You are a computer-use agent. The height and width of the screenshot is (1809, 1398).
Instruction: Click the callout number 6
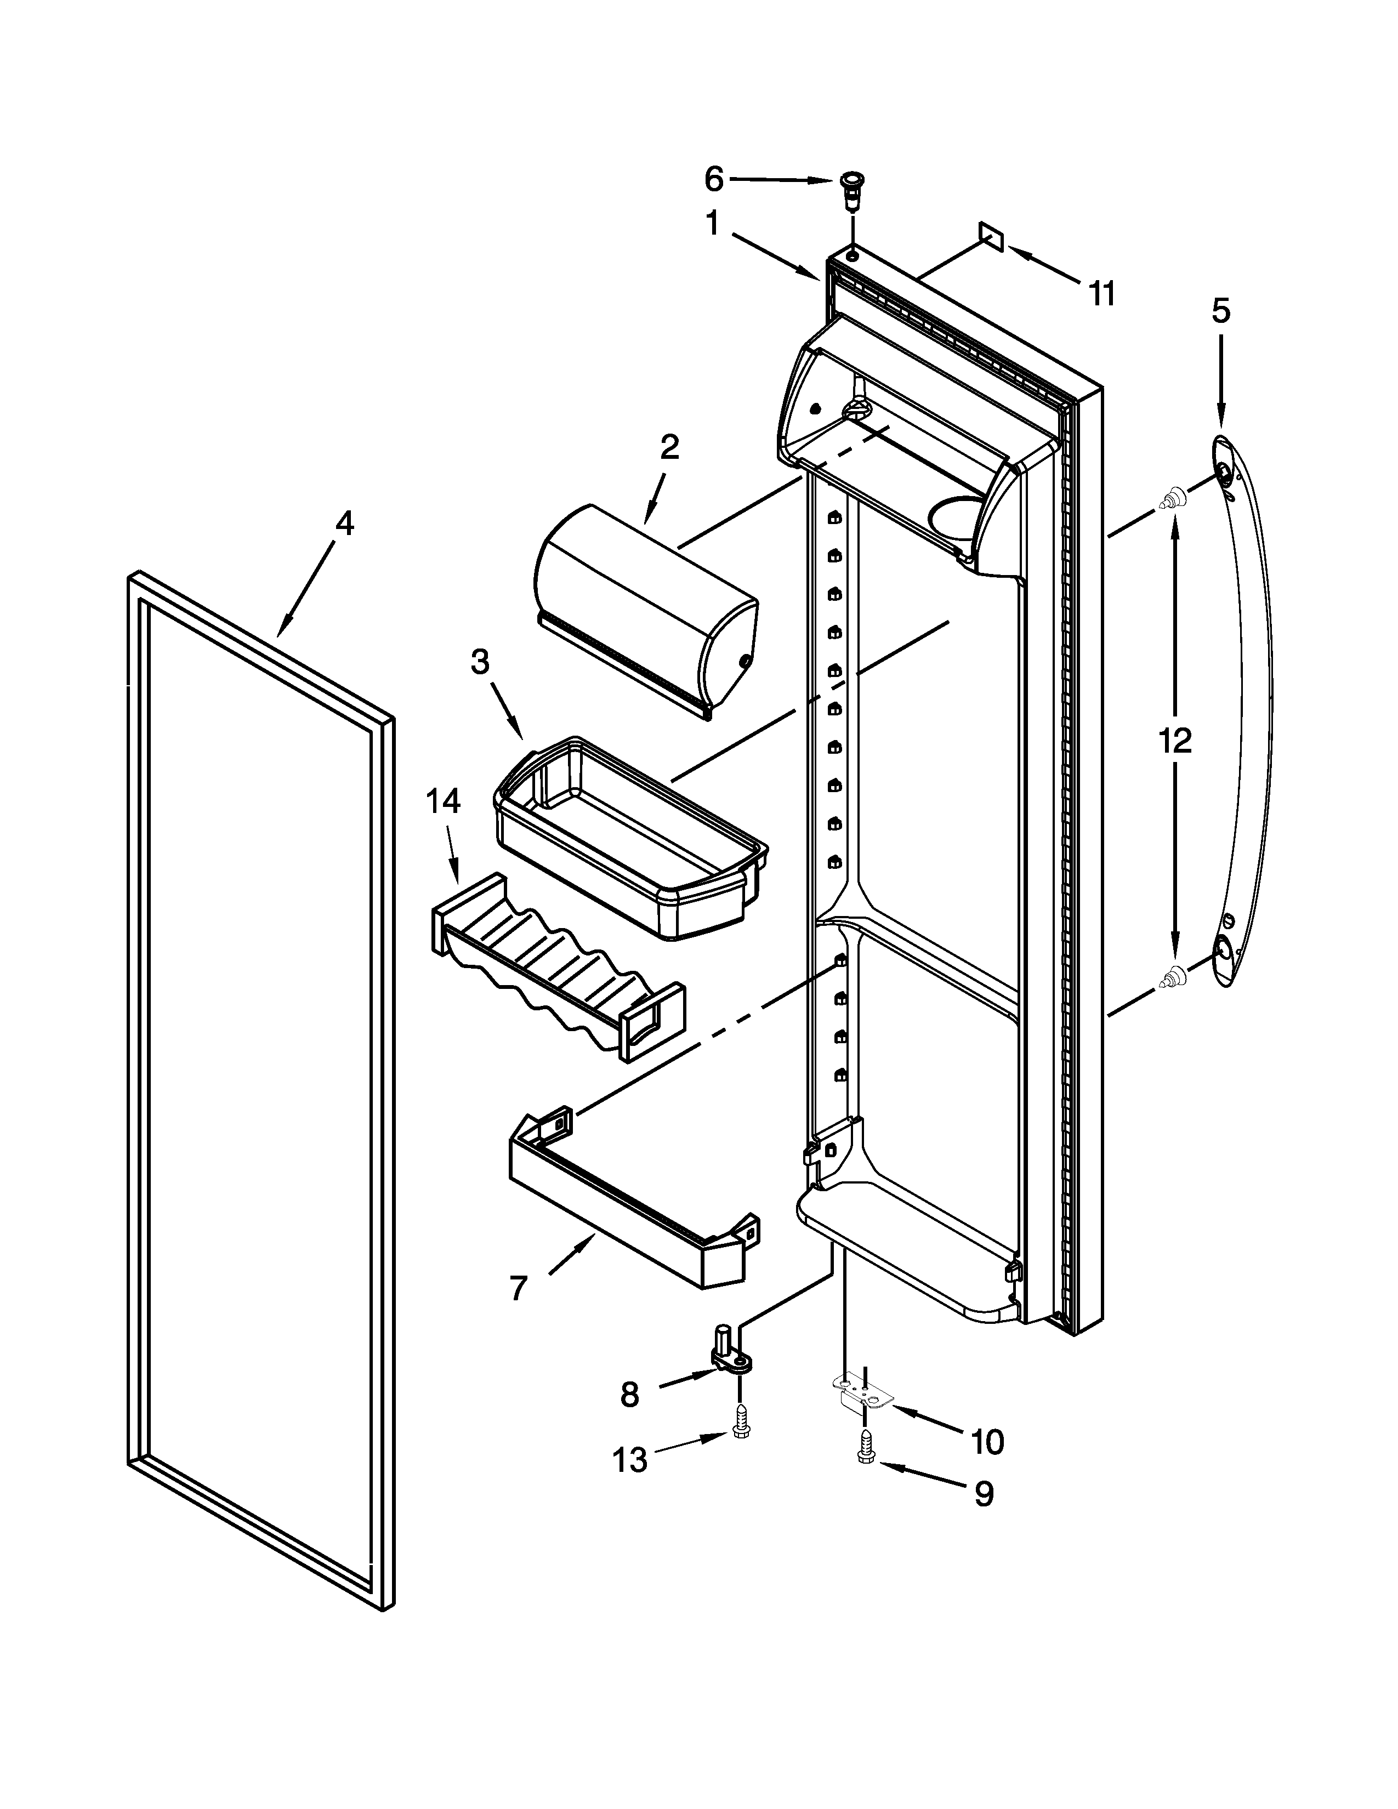[x=714, y=178]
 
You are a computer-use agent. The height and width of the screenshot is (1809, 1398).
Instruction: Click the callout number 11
[x=1101, y=293]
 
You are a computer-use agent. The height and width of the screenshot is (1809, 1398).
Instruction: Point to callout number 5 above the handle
[x=1221, y=311]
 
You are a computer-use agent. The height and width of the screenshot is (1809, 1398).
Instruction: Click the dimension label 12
[x=1174, y=739]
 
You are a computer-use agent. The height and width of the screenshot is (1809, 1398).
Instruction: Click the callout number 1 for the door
[x=712, y=223]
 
